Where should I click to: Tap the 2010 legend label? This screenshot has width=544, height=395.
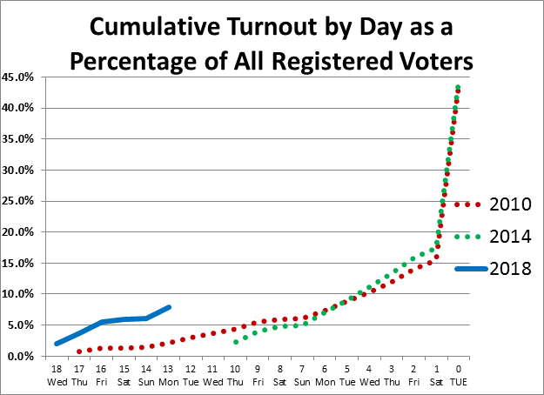click(x=510, y=205)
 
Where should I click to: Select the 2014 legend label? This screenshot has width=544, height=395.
click(x=510, y=237)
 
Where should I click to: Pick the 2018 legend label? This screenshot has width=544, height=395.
click(x=510, y=269)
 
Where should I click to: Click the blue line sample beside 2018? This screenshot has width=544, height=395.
click(x=471, y=269)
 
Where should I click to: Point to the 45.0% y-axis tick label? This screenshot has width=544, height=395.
click(x=20, y=77)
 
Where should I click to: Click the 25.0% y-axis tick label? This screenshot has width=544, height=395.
click(x=20, y=201)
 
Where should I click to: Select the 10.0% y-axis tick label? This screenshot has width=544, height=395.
click(x=20, y=294)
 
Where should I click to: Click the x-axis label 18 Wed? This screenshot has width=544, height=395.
click(x=57, y=375)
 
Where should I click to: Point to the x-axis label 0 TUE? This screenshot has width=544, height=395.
click(x=459, y=375)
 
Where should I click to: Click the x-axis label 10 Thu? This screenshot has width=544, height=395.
click(x=236, y=375)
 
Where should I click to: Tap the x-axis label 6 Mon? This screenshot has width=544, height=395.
click(x=325, y=375)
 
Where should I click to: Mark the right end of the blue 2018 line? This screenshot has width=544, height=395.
click(x=170, y=306)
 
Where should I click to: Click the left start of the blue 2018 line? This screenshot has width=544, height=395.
click(x=57, y=344)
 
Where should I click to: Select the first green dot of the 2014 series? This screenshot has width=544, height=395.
click(x=236, y=342)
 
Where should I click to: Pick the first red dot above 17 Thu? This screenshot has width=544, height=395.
click(x=79, y=351)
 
